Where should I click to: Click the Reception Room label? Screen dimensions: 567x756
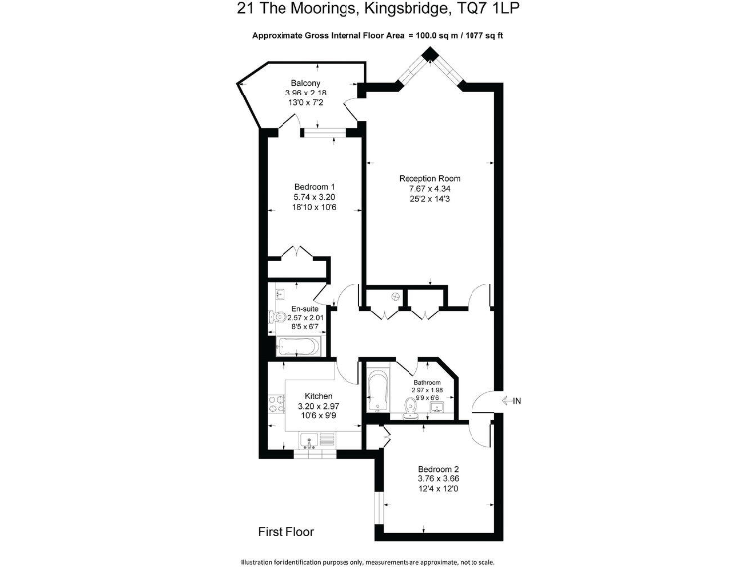coord(429,178)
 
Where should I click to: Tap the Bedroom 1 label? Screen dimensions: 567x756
coord(315,187)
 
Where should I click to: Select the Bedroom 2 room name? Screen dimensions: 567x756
coord(438,469)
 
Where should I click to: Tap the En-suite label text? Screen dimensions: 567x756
coord(303,308)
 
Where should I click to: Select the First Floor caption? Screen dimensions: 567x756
coord(285,532)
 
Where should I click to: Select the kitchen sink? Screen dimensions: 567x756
coord(320,443)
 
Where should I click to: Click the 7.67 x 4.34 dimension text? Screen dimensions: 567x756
coord(429,188)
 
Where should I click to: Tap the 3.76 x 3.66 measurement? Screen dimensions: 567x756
coord(438,479)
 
